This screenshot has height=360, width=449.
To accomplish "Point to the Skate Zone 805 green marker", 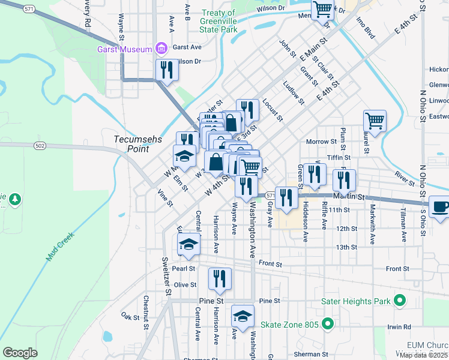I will pos(327,325).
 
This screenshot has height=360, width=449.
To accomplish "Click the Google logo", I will pos(20,352).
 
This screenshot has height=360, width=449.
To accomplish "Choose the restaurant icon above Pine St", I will pos(220,278).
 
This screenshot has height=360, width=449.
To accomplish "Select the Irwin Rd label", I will pos(399,327).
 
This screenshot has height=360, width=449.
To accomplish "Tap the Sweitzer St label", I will pos(166,275).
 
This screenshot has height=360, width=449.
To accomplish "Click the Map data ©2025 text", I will pos(423,355).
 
